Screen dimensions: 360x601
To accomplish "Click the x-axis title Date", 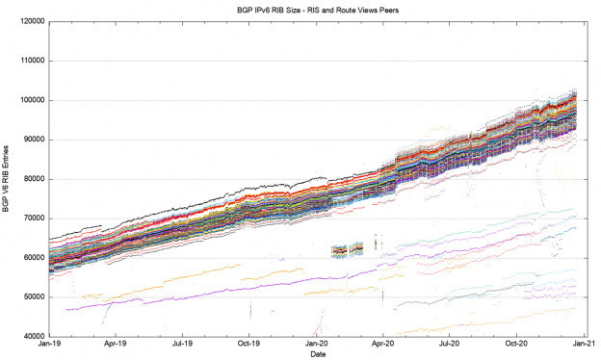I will point(318,354).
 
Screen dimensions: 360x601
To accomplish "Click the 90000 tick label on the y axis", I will point(32,140).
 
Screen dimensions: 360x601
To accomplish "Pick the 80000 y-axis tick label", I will point(32,179).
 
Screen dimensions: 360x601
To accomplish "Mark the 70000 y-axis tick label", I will point(32,219).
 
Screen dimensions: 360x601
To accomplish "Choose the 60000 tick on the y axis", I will point(32,258).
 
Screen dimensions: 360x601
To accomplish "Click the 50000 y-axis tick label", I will point(32,296).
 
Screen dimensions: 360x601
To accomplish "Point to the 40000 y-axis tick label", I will point(32,336).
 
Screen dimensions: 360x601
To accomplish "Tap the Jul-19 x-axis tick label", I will point(182,344).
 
